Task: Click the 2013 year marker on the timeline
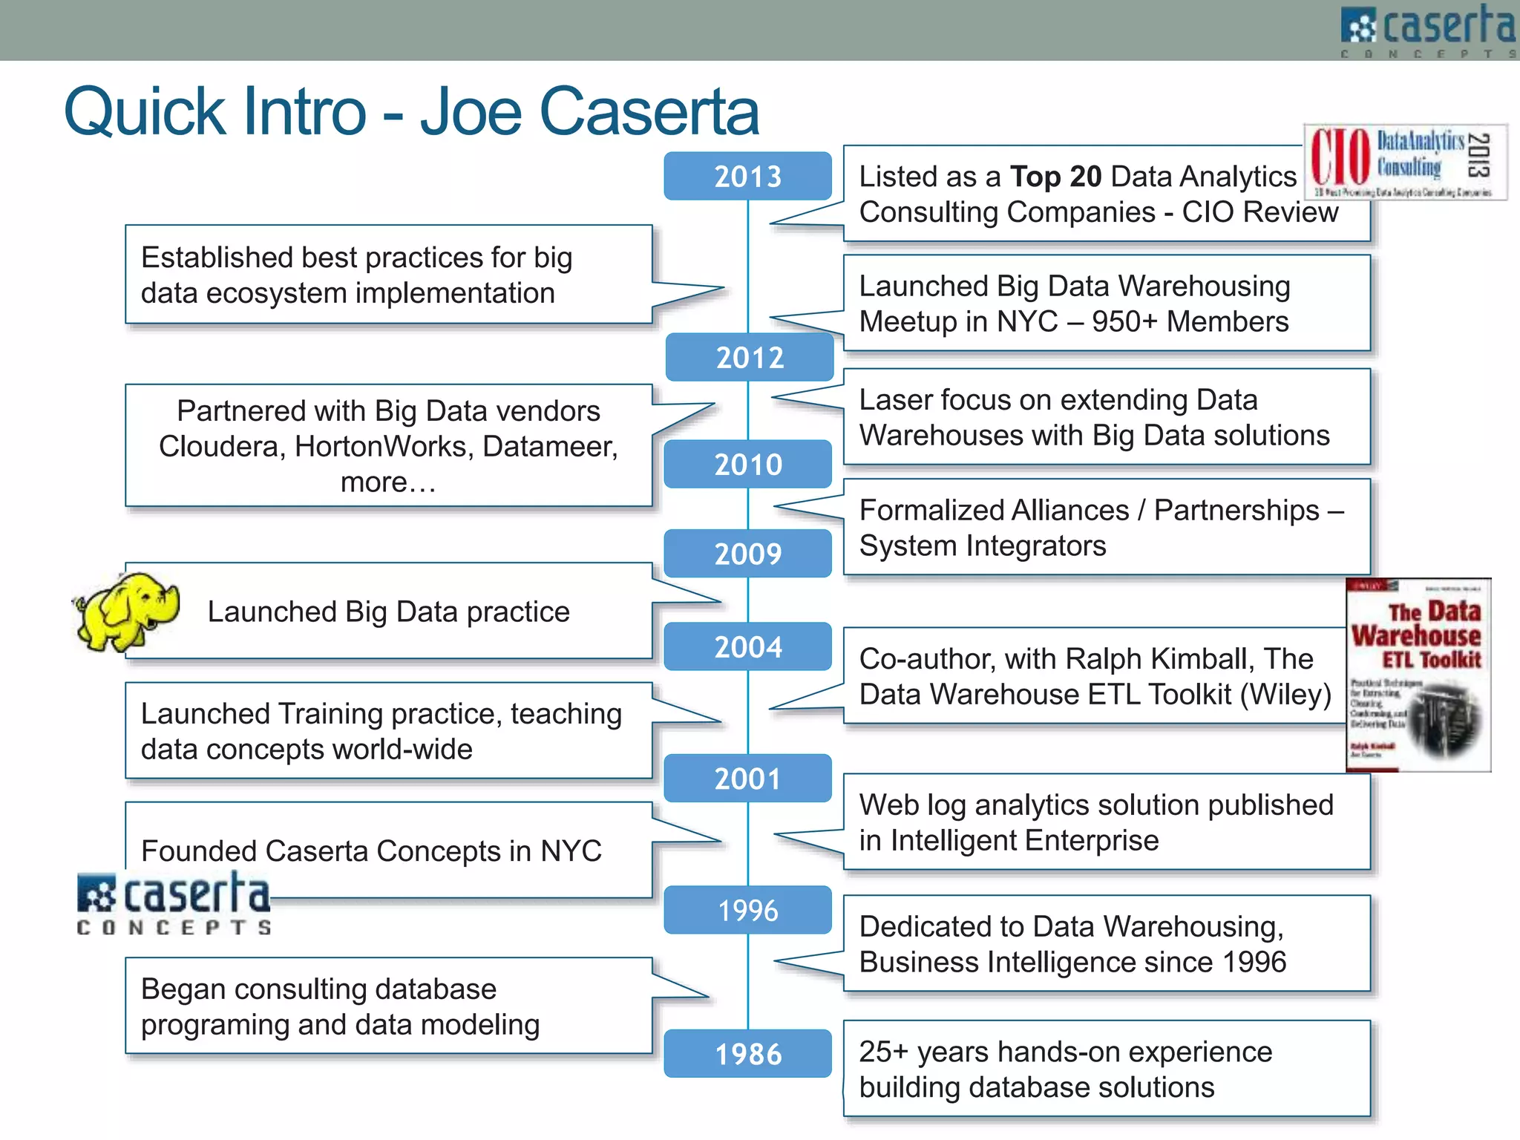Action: click(747, 177)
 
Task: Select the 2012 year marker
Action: click(750, 358)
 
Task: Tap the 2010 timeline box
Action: click(747, 465)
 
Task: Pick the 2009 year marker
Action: click(747, 554)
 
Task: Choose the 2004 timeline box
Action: click(747, 646)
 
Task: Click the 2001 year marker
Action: click(747, 779)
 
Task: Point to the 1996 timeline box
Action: click(747, 910)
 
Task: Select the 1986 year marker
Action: click(747, 1054)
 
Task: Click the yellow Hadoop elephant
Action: click(126, 611)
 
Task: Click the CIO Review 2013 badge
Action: click(1405, 162)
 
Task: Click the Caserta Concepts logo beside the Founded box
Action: click(174, 904)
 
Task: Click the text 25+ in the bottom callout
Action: click(883, 1052)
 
